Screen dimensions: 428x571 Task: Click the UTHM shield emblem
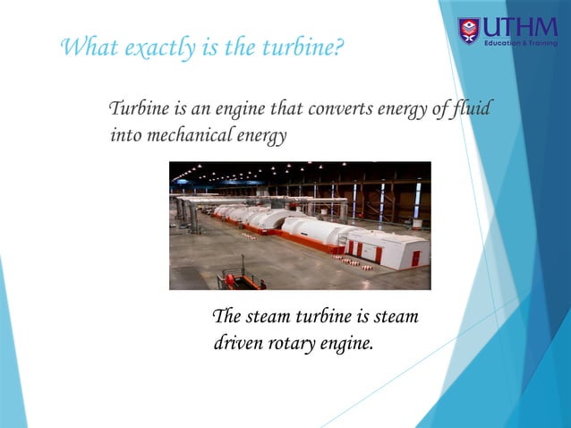[469, 30]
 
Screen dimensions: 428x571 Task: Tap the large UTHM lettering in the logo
[520, 26]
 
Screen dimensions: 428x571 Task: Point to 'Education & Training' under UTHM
[520, 43]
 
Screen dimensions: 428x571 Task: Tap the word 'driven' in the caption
[237, 342]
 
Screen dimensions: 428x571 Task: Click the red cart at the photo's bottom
[242, 279]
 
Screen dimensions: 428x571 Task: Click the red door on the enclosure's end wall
[415, 257]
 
